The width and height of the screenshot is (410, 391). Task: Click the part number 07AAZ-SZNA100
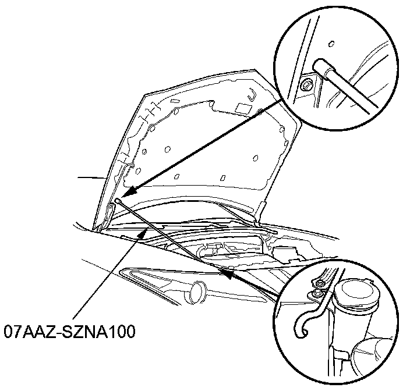coord(69,332)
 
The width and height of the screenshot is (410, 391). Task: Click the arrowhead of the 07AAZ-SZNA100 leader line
coord(144,234)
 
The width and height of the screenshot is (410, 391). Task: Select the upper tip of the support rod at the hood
coord(118,201)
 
